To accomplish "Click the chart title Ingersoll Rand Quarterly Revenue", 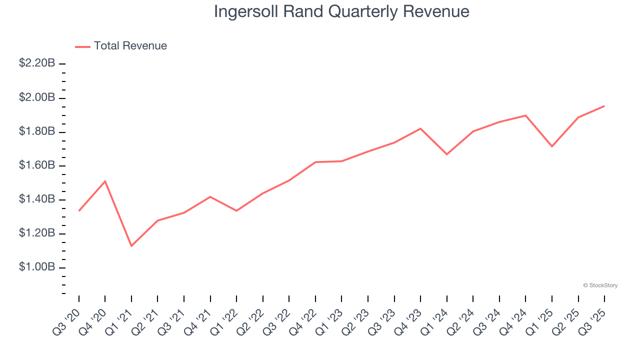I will (341, 11).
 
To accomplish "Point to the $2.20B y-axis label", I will (37, 63).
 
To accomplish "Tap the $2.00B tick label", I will (37, 97).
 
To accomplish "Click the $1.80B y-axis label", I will (37, 131).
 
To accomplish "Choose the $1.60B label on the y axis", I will (37, 165).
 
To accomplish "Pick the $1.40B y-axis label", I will (37, 199).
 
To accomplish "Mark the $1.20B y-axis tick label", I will (37, 233).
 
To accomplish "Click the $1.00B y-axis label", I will (37, 267).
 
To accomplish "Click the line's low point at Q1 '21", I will (131, 246).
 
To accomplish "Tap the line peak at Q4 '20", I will (105, 181).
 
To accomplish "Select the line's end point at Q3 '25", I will (604, 106).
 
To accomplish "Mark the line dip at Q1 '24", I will (446, 154).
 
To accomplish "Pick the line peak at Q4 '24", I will (525, 115).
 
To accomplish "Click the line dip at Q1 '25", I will (552, 146).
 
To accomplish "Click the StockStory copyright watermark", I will (600, 285).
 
